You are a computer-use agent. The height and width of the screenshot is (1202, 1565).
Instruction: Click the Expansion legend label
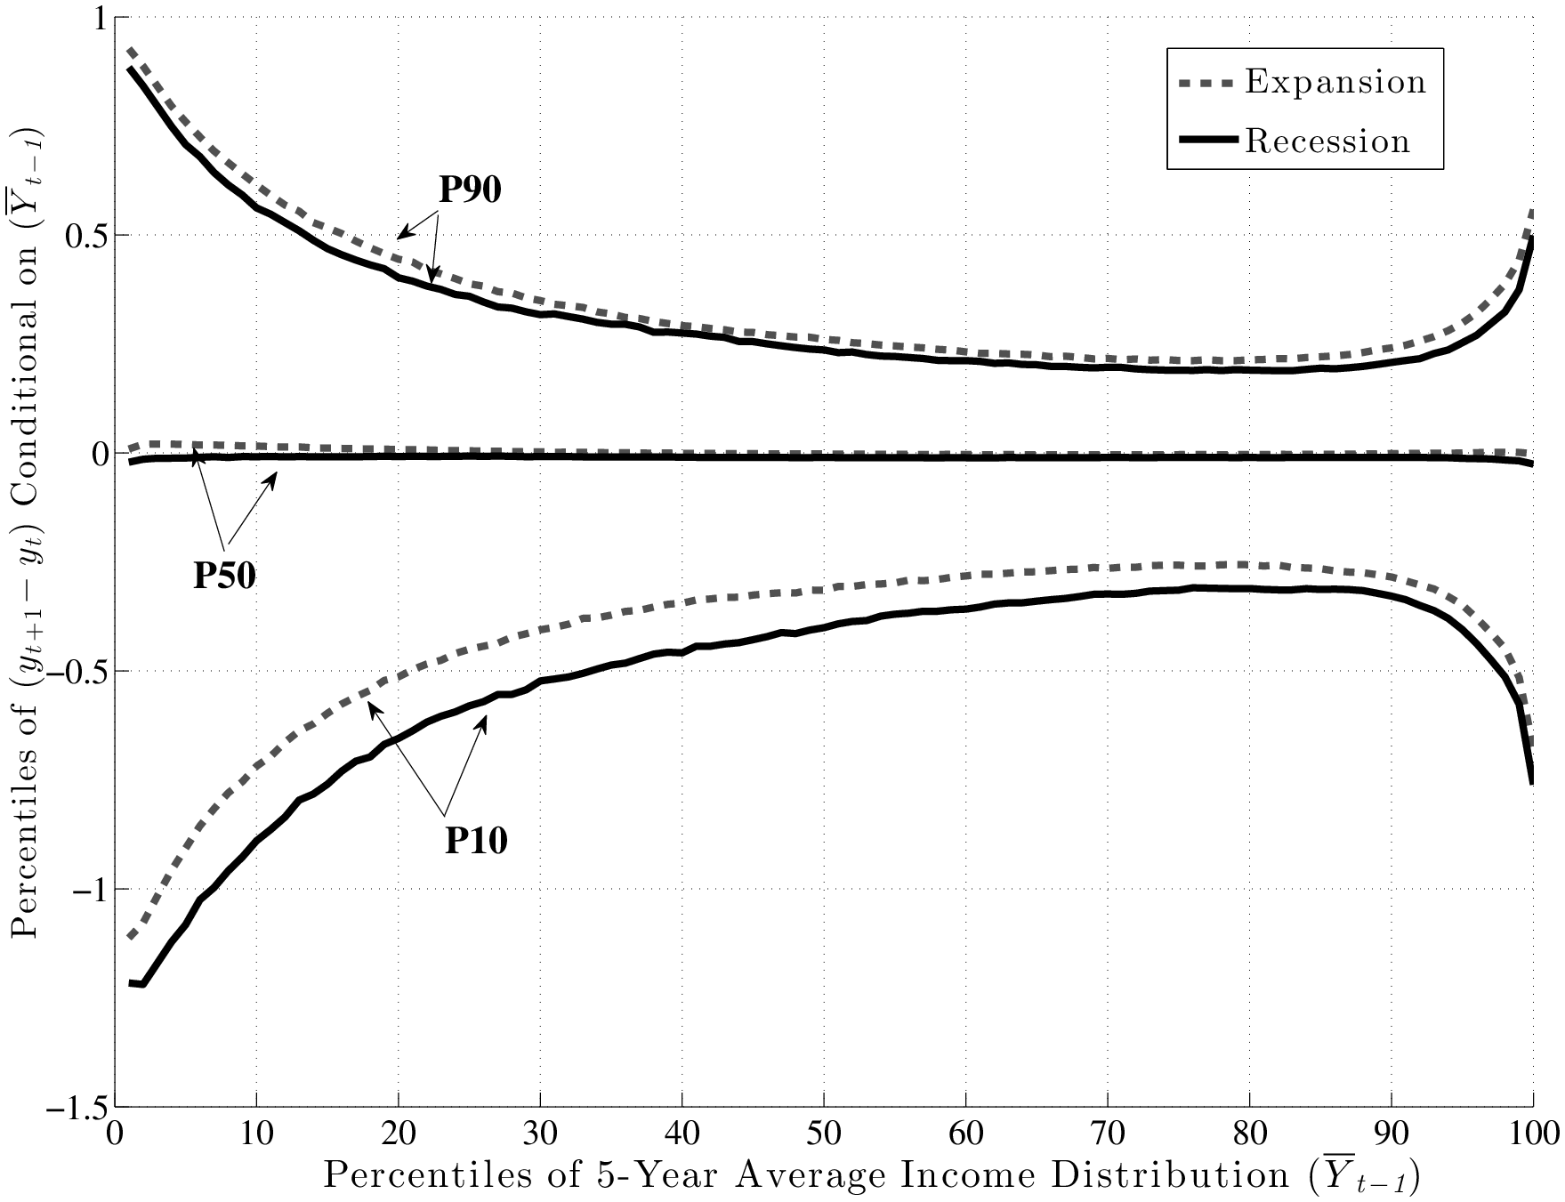1335,83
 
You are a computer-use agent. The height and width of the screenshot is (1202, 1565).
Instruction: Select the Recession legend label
1327,141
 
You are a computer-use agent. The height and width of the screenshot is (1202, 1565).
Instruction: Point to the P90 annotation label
470,190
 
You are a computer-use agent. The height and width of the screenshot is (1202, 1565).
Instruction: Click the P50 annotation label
225,577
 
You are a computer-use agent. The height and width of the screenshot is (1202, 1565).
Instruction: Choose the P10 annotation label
476,840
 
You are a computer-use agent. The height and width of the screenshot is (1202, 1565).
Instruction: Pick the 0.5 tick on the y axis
84,236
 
